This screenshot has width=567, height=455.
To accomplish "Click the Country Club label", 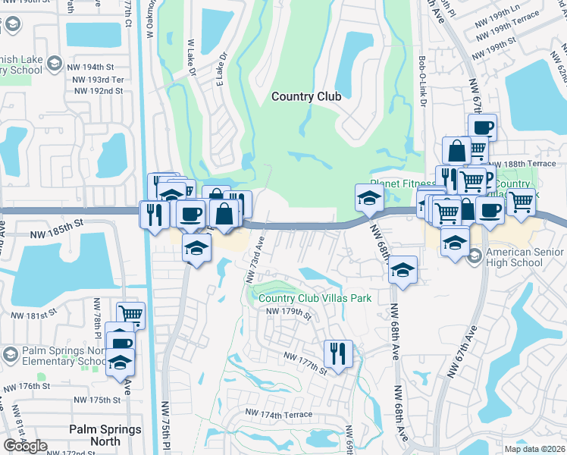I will pyautogui.click(x=306, y=96).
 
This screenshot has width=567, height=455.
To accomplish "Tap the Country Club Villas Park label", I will pyautogui.click(x=315, y=298).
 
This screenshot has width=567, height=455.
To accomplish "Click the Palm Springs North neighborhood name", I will pyautogui.click(x=105, y=435).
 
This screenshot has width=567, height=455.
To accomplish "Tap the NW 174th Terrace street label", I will pyautogui.click(x=275, y=415).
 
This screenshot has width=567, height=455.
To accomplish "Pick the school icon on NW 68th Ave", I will pyautogui.click(x=403, y=269).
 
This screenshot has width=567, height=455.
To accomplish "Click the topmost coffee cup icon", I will pyautogui.click(x=481, y=127).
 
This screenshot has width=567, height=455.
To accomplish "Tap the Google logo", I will pyautogui.click(x=25, y=446).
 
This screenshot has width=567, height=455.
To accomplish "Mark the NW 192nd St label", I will pyautogui.click(x=99, y=91).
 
